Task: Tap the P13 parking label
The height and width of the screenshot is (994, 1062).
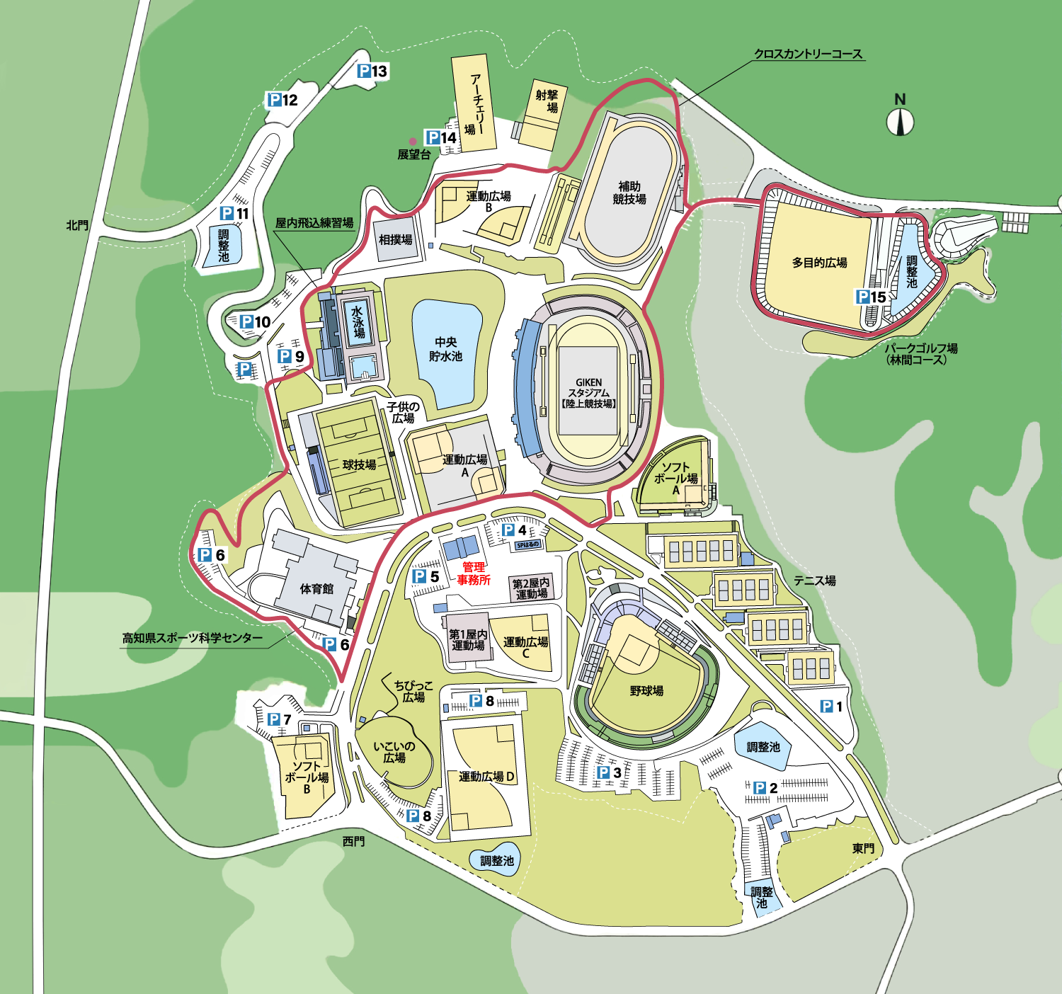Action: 372,71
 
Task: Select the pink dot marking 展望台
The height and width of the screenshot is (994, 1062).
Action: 413,142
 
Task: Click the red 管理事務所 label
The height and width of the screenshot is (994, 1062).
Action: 474,573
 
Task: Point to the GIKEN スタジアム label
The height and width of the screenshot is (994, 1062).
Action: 588,393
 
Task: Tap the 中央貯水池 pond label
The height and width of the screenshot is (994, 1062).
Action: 446,349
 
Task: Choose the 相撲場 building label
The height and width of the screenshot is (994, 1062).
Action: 396,240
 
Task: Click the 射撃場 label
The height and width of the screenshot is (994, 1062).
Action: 547,101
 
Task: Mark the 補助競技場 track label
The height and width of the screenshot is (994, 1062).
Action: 629,193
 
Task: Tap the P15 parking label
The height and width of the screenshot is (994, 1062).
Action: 871,297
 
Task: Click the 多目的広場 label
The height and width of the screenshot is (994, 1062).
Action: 819,263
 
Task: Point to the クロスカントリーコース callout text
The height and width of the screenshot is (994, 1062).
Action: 808,54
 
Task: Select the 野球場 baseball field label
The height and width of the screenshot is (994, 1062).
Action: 646,690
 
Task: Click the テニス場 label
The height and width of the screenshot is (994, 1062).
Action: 814,581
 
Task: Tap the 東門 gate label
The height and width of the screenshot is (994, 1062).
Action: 863,848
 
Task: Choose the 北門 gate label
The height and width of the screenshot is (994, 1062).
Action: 77,225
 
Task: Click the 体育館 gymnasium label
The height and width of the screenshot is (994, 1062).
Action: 316,588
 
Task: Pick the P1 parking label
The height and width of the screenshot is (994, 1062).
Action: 832,707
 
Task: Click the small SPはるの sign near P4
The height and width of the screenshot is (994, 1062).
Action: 527,544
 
